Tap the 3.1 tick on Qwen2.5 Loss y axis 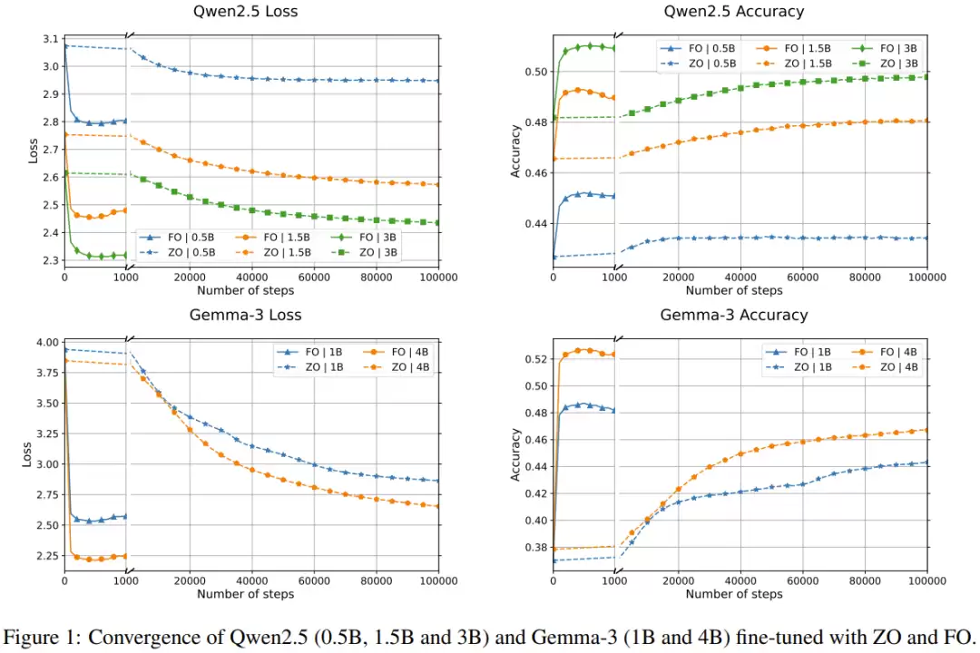50,39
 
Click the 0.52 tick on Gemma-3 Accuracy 535,359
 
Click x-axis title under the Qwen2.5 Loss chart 245,290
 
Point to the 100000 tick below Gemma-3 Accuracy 926,581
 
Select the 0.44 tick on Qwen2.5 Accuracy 535,224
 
